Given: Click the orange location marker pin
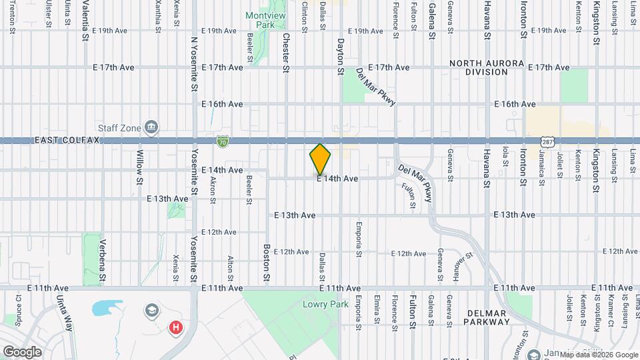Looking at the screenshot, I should coord(320,159).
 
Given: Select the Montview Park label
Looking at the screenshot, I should coord(265,20).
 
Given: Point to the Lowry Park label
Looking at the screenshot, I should coord(316,304).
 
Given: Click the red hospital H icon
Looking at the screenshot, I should coord(176,327).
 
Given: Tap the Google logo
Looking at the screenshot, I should coord(21,351).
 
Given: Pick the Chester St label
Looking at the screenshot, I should coord(286,51).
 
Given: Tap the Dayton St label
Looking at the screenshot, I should coord(340,56).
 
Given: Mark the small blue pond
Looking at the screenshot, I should coord(103,307).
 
